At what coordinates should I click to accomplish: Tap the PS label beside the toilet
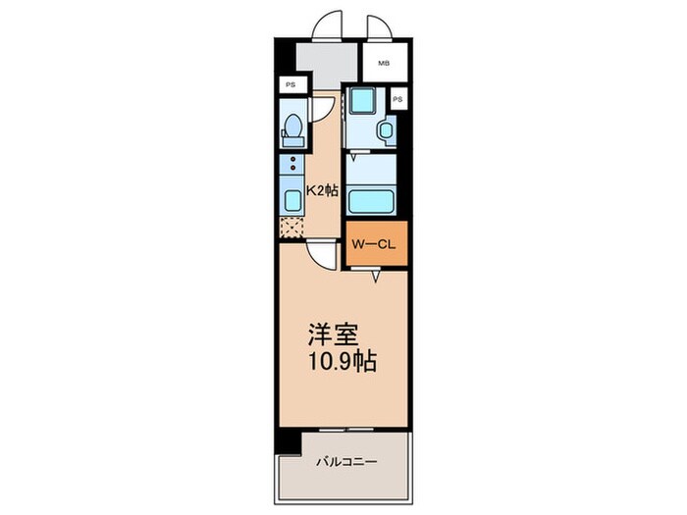click(291, 85)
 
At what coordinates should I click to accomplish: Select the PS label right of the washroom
click(397, 99)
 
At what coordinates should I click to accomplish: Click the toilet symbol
click(291, 127)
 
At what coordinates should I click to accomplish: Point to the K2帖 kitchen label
click(323, 191)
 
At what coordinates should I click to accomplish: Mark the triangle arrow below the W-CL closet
click(376, 278)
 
